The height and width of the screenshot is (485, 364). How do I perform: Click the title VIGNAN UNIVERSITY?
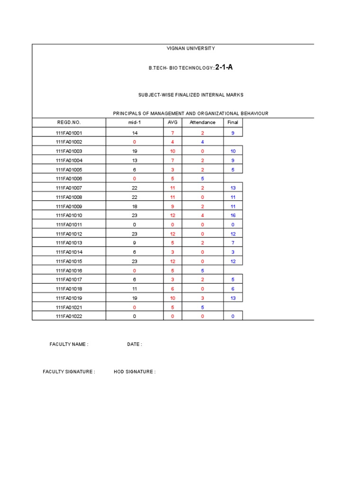click(191, 48)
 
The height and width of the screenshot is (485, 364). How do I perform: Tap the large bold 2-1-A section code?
click(224, 67)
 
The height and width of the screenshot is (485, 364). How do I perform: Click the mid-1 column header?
click(134, 122)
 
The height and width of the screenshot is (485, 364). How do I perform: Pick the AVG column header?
click(173, 122)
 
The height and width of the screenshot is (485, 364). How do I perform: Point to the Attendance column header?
click(202, 122)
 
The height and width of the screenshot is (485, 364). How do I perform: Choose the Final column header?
click(233, 122)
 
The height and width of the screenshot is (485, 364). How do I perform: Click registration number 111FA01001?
click(69, 133)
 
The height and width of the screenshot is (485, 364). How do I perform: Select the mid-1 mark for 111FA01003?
click(135, 152)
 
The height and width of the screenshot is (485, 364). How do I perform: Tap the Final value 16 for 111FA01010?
click(233, 216)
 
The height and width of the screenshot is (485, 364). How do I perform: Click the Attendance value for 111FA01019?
click(202, 298)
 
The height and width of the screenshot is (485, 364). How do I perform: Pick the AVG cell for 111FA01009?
click(173, 207)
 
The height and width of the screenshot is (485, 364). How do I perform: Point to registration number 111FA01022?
click(69, 316)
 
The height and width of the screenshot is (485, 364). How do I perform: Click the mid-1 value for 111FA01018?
click(135, 289)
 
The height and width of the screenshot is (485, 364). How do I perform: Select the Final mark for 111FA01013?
click(233, 243)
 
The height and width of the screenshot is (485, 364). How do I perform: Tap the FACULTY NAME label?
click(69, 344)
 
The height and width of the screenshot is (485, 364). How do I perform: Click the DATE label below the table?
click(134, 344)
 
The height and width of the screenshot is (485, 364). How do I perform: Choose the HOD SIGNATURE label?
click(134, 372)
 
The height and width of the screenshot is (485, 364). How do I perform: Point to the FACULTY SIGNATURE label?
click(69, 372)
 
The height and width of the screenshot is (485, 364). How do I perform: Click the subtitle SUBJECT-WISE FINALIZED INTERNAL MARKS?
click(191, 95)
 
